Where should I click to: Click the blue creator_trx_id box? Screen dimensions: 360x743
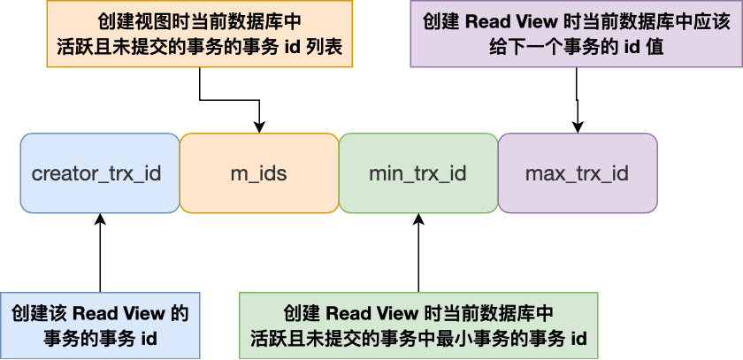99,173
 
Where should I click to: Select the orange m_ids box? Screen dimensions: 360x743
258,173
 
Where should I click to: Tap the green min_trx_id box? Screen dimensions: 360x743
417,173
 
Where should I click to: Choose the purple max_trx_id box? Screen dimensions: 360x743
577,173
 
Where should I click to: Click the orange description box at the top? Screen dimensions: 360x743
200,34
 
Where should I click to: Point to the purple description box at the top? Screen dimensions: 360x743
576,34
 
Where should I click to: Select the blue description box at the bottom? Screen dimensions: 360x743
100,325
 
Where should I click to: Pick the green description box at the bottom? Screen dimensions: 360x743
418,325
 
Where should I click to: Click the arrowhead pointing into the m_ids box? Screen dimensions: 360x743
259,127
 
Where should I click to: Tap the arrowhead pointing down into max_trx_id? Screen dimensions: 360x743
578,127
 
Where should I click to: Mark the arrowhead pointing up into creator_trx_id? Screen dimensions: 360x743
100,219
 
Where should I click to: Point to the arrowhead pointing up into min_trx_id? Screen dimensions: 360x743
418,219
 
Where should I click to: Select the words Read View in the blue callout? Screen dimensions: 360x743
119,314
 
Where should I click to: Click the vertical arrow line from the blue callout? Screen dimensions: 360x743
100,257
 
